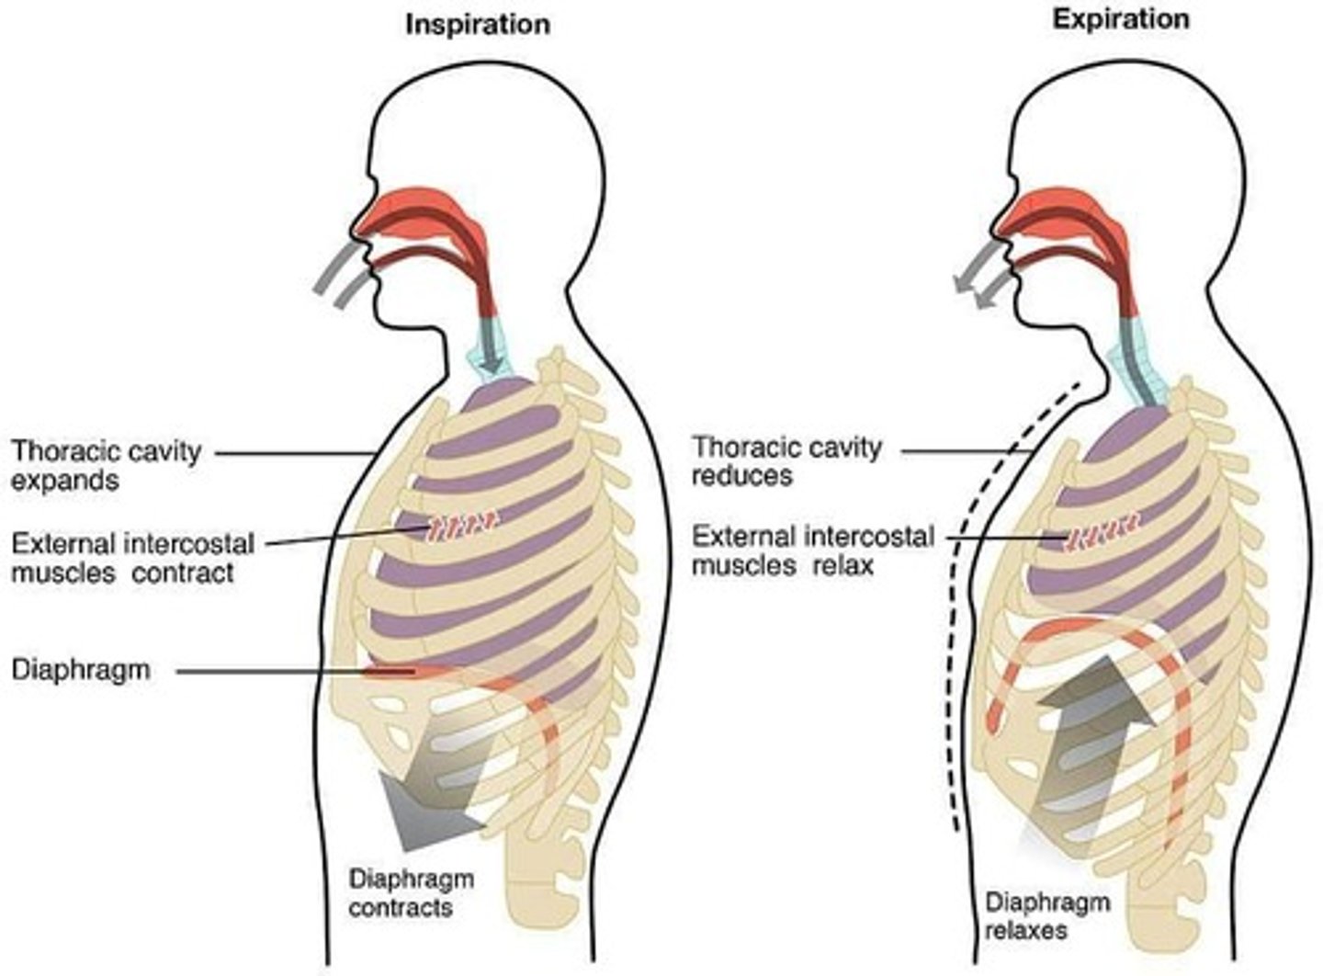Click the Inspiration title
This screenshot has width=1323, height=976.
478,24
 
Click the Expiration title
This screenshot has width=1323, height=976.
1120,19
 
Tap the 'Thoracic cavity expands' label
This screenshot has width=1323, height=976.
106,465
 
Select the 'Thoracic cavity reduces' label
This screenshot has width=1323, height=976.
786,460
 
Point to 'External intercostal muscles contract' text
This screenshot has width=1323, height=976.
132,558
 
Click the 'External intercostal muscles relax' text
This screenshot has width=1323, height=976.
812,550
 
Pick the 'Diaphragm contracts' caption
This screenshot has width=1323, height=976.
411,892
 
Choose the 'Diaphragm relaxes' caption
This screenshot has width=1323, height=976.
1047,914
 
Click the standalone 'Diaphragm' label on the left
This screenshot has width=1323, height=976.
81,669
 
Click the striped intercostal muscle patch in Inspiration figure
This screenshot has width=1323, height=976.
463,528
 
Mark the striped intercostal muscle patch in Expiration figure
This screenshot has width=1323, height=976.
1102,531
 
